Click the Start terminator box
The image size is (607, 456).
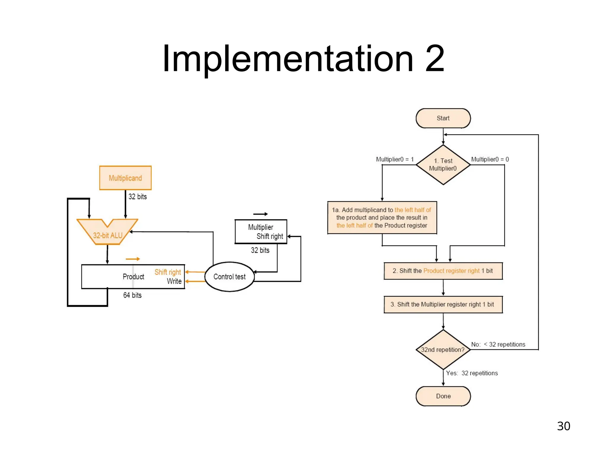[x=443, y=118]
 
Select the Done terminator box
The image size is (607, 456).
[x=443, y=396]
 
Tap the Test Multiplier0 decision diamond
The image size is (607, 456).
[x=443, y=165]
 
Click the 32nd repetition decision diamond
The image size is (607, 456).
[x=443, y=349]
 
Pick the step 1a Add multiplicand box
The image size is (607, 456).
[x=382, y=218]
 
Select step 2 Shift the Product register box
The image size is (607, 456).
[x=443, y=271]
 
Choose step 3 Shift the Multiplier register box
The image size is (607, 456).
[x=443, y=304]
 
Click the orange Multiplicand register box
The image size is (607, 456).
[x=125, y=178]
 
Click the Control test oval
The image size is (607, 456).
[x=229, y=277]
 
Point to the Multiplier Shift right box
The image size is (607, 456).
[x=261, y=232]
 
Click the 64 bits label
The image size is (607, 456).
[x=132, y=295]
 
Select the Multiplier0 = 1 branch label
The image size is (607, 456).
[x=394, y=159]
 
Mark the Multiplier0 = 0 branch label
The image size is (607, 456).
[x=490, y=159]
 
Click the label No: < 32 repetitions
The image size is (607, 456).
[x=498, y=344]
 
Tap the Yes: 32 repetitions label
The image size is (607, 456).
[x=472, y=373]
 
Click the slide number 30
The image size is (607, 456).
[x=563, y=426]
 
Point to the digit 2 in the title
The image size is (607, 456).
[x=435, y=58]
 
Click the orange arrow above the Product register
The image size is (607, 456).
[x=132, y=259]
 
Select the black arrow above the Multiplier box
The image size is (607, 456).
[x=261, y=214]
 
